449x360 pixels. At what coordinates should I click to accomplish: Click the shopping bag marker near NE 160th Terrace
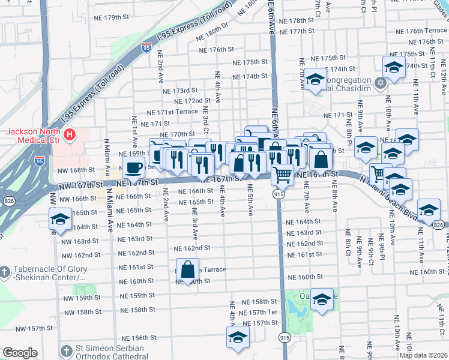[188, 268]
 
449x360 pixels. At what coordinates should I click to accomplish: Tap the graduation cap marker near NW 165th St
[60, 220]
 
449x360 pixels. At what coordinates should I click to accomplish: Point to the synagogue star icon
[379, 82]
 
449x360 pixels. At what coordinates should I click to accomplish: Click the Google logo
[20, 353]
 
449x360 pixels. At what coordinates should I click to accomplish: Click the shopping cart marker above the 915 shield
[282, 175]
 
